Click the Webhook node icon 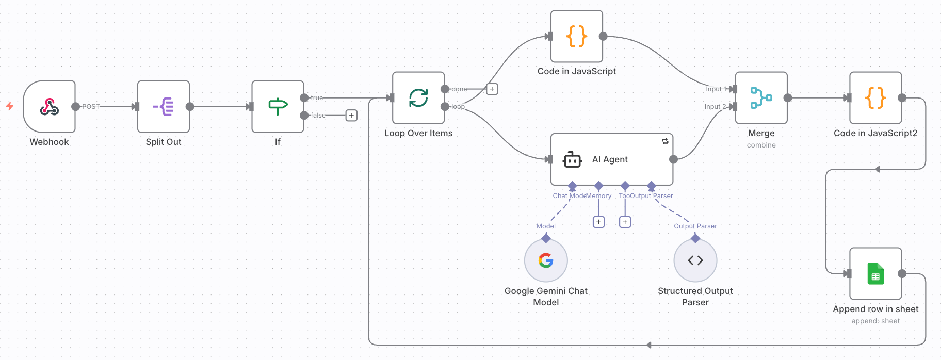(50, 107)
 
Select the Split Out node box (164, 107)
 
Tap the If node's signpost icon (278, 107)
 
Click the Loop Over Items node (418, 98)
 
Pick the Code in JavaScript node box (577, 37)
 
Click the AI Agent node (612, 159)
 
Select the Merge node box (761, 98)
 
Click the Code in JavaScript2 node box (875, 98)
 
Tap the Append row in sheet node (875, 274)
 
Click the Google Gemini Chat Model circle (546, 260)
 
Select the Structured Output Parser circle (695, 260)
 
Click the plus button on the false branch (351, 116)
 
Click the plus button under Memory (598, 222)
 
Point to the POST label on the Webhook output (91, 107)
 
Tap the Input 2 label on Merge (715, 107)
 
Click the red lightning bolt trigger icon (10, 106)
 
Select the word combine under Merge (761, 145)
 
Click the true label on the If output (317, 98)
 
